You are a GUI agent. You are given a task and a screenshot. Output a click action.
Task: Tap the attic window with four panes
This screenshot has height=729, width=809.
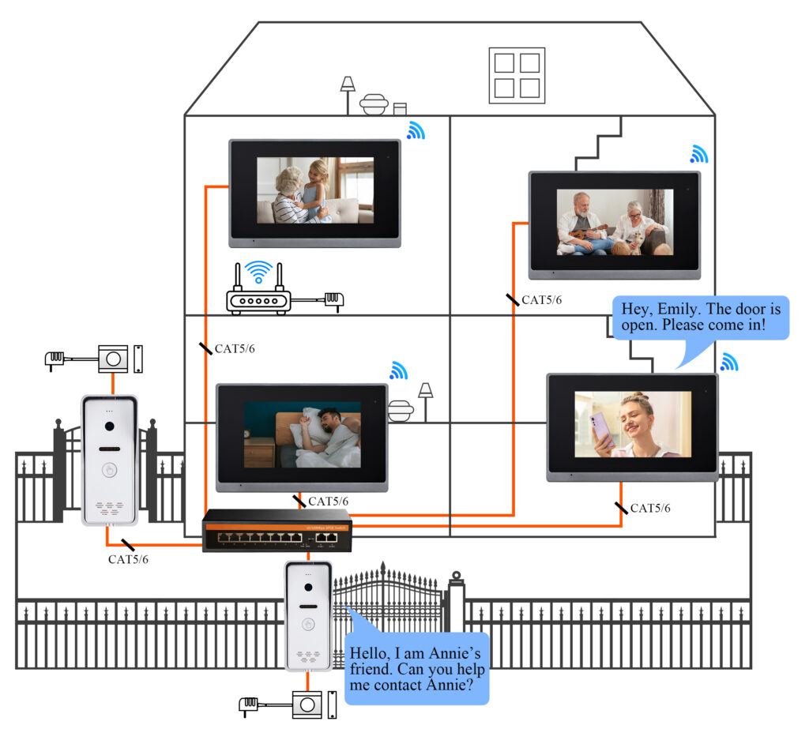coord(517,75)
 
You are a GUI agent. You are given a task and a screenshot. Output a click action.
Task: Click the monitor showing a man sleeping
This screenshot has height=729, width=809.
coord(302,437)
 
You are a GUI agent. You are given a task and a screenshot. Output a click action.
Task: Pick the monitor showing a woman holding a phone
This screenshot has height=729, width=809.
coord(632,427)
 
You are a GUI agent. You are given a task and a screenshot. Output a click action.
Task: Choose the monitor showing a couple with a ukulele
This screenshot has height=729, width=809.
coord(615,224)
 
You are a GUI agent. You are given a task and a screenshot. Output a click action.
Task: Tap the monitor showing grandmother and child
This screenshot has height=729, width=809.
coord(314,192)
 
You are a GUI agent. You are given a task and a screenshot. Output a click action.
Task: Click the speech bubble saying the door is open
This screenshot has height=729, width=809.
coord(700,318)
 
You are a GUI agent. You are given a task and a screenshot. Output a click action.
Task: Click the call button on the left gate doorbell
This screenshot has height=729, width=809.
coord(110,469)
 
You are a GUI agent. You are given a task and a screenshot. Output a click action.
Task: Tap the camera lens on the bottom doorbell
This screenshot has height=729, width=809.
coord(308,585)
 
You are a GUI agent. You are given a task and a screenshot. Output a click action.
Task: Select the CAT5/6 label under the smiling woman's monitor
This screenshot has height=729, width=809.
coord(649,508)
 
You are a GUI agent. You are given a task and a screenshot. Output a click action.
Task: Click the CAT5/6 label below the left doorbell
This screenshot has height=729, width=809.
coord(128,559)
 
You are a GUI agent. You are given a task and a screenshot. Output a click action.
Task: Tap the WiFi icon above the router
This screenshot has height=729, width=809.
coord(258,272)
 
